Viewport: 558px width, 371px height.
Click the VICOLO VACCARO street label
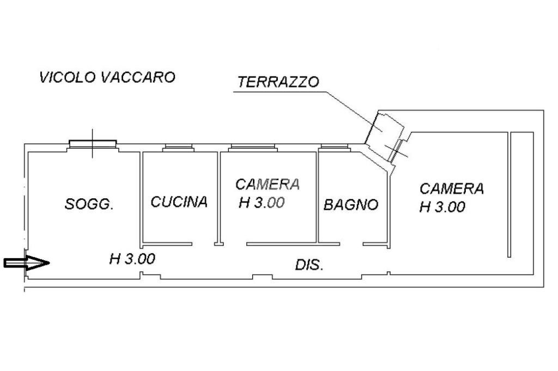pyautogui.click(x=107, y=77)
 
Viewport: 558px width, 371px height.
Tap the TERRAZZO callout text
pyautogui.click(x=278, y=82)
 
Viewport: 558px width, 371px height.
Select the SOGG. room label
pyautogui.click(x=89, y=205)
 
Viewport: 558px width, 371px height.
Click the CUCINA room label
pyautogui.click(x=179, y=202)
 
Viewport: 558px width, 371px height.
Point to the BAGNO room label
pyautogui.click(x=351, y=205)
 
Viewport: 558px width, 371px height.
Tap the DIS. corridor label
pyautogui.click(x=309, y=265)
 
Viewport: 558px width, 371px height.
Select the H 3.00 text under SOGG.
pyautogui.click(x=132, y=259)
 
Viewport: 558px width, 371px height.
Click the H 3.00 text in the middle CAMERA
pyautogui.click(x=262, y=203)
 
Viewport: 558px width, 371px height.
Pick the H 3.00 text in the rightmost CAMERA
pyautogui.click(x=442, y=207)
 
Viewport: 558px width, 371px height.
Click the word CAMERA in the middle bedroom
pyautogui.click(x=268, y=184)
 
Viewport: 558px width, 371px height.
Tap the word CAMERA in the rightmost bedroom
pyautogui.click(x=452, y=188)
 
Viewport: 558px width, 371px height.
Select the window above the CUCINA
pyautogui.click(x=178, y=147)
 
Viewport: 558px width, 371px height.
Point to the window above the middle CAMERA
pyautogui.click(x=253, y=147)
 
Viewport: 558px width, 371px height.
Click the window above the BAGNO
pyautogui.click(x=334, y=147)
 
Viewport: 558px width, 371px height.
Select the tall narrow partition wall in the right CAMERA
pyautogui.click(x=510, y=194)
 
